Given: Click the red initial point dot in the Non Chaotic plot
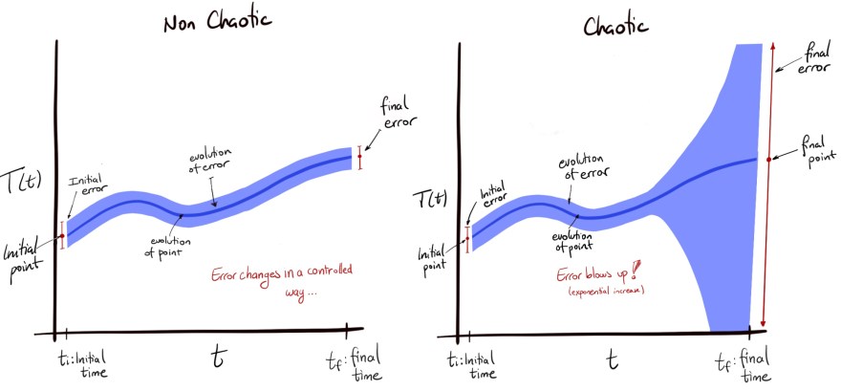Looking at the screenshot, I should point(62,235).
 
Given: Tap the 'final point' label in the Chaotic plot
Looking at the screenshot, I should point(809,151).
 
